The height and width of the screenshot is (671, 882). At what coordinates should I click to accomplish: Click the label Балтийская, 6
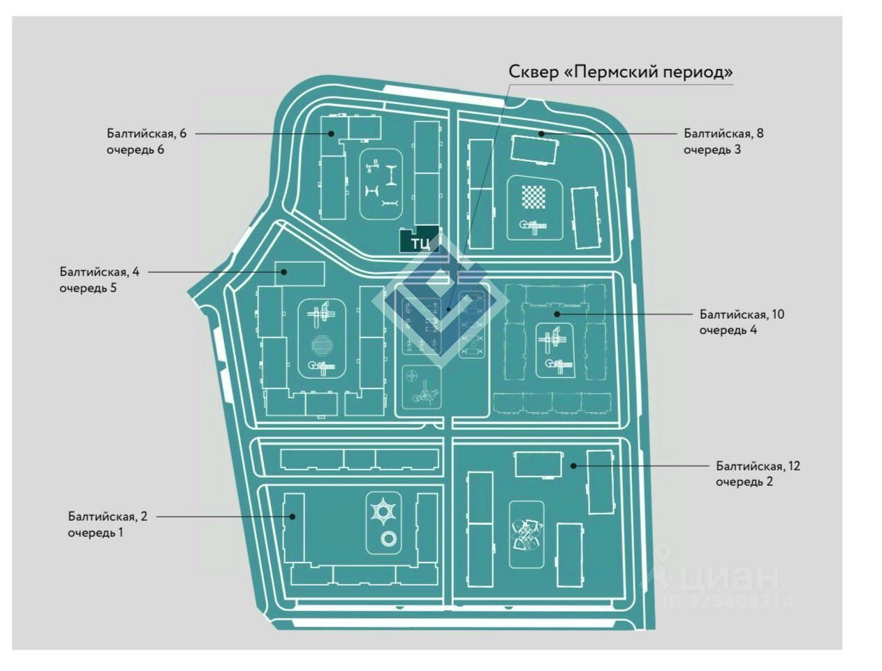[x=147, y=133]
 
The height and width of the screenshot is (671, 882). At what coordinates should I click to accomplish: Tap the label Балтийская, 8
[x=723, y=133]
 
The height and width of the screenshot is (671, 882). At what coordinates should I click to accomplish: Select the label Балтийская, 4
[x=99, y=271]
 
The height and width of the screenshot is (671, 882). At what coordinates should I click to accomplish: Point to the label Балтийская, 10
[x=742, y=314]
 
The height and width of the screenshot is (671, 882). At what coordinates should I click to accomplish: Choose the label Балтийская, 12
[x=758, y=466]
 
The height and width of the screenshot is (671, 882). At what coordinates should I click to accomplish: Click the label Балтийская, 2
[x=108, y=517]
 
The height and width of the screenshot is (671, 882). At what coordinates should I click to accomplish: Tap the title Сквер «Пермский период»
[x=620, y=72]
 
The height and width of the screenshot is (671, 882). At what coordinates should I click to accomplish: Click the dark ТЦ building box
[x=419, y=240]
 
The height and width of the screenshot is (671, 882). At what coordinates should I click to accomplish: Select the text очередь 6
[x=135, y=149]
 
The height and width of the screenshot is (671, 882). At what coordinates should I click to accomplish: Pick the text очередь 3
[x=712, y=149]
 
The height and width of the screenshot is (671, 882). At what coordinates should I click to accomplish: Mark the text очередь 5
[x=88, y=287]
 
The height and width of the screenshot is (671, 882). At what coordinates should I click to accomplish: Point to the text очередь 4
[x=728, y=330]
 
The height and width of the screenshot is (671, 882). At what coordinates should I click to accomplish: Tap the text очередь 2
[x=744, y=482]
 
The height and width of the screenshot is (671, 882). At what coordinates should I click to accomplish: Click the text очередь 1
[x=96, y=533]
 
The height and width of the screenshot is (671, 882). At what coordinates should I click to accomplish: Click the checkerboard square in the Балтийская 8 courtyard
[x=534, y=198]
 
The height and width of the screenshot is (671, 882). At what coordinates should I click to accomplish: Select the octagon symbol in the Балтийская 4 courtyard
[x=323, y=346]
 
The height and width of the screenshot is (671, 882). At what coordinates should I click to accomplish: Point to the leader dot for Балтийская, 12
[x=573, y=466]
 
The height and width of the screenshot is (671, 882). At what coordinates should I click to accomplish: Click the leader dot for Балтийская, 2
[x=293, y=517]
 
